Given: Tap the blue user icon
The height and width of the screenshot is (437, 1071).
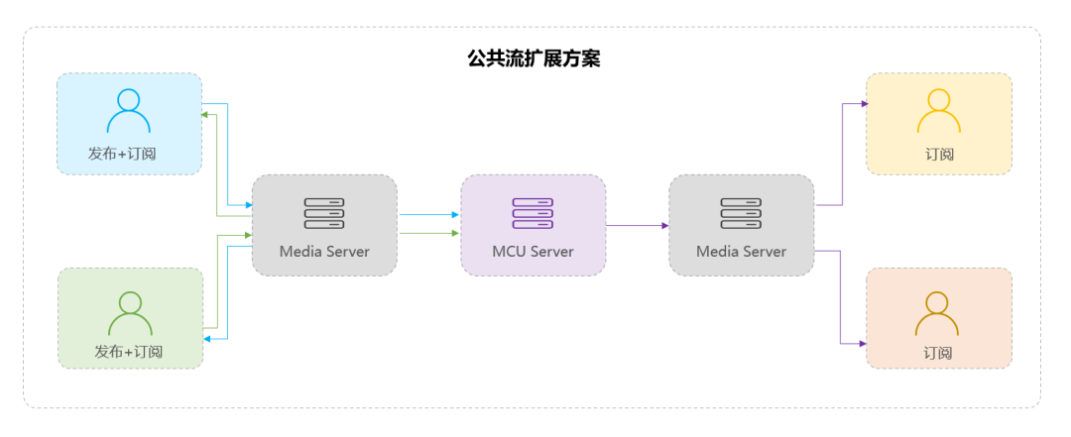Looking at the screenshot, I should tap(129, 111).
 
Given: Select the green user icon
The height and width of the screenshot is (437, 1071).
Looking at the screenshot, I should tap(130, 314).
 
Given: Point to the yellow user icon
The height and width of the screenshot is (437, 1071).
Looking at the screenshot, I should tap(938, 111).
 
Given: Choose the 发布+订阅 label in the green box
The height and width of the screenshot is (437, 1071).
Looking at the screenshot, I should tap(129, 352).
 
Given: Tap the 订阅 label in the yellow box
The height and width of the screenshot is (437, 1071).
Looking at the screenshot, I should tap(939, 154).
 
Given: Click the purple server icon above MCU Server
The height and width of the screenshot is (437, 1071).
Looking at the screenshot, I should tap(533, 213).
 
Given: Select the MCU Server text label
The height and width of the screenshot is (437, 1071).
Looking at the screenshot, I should tap(533, 252).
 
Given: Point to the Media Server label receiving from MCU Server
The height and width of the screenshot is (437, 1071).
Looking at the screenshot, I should tap(741, 252).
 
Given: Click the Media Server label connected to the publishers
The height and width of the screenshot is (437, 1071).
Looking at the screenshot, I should tap(324, 252).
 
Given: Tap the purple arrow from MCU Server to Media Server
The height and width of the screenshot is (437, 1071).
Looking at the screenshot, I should tap(637, 226).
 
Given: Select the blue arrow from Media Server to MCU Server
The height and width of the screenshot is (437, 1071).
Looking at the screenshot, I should tap(428, 214).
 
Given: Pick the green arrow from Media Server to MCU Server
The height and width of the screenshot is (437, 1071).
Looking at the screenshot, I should tap(428, 234).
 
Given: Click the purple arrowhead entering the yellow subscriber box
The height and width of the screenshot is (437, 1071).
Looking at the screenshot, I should tap(861, 102).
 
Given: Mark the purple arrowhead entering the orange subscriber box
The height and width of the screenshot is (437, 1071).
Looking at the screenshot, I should tap(861, 344).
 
